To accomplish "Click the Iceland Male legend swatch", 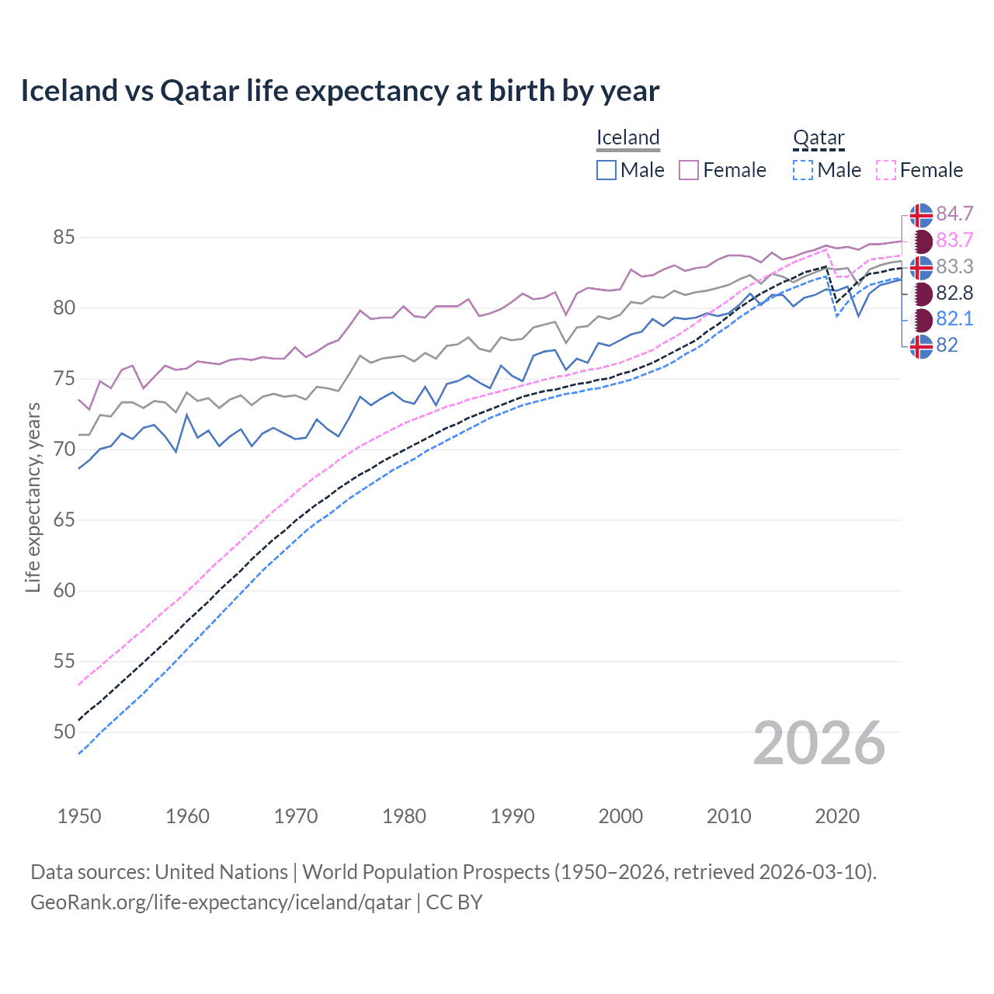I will tap(606, 170).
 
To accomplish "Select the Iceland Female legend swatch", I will tap(689, 170).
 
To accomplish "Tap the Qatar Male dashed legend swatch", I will tap(803, 170).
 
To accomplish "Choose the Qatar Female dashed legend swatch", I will tap(886, 170).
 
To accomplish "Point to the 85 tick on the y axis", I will tap(64, 237).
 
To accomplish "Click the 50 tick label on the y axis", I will tap(64, 732).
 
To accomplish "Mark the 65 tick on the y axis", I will tap(64, 520).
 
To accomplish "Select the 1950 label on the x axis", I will tap(79, 816).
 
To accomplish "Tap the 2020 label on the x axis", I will tap(837, 816).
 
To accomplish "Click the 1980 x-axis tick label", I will tap(404, 816).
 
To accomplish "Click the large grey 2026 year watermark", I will tap(818, 743).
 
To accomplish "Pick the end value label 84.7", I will tap(954, 214).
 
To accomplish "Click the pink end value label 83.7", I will tap(954, 240).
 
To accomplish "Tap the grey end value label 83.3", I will tap(954, 266).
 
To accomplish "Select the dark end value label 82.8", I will tap(954, 293).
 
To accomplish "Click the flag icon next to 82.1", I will tap(921, 319).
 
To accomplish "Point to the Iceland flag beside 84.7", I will tap(921, 214).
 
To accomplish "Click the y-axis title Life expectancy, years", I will tap(33, 497).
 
